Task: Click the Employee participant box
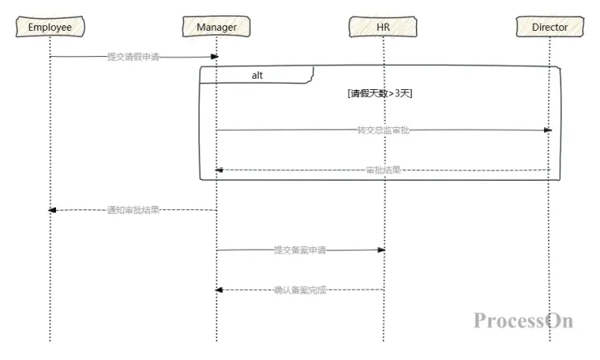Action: pos(49,28)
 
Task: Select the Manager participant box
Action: pos(216,28)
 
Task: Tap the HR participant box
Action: pos(384,28)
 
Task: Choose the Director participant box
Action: pos(550,28)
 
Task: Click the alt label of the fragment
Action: pos(256,75)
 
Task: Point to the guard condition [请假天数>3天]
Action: pos(380,93)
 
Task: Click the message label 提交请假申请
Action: pos(133,57)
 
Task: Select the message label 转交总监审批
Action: pos(384,130)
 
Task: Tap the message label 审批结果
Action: pos(383,170)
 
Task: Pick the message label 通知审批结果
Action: pos(133,209)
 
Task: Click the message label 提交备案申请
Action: pos(299,251)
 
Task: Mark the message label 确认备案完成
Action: pos(299,289)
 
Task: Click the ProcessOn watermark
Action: pos(523,320)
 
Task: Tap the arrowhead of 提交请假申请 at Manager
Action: pos(215,57)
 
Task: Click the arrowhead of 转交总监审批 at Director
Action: pos(547,130)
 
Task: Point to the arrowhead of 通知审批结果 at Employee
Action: pos(53,209)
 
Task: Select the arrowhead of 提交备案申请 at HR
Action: pos(380,251)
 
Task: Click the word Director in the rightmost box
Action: pos(550,28)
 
